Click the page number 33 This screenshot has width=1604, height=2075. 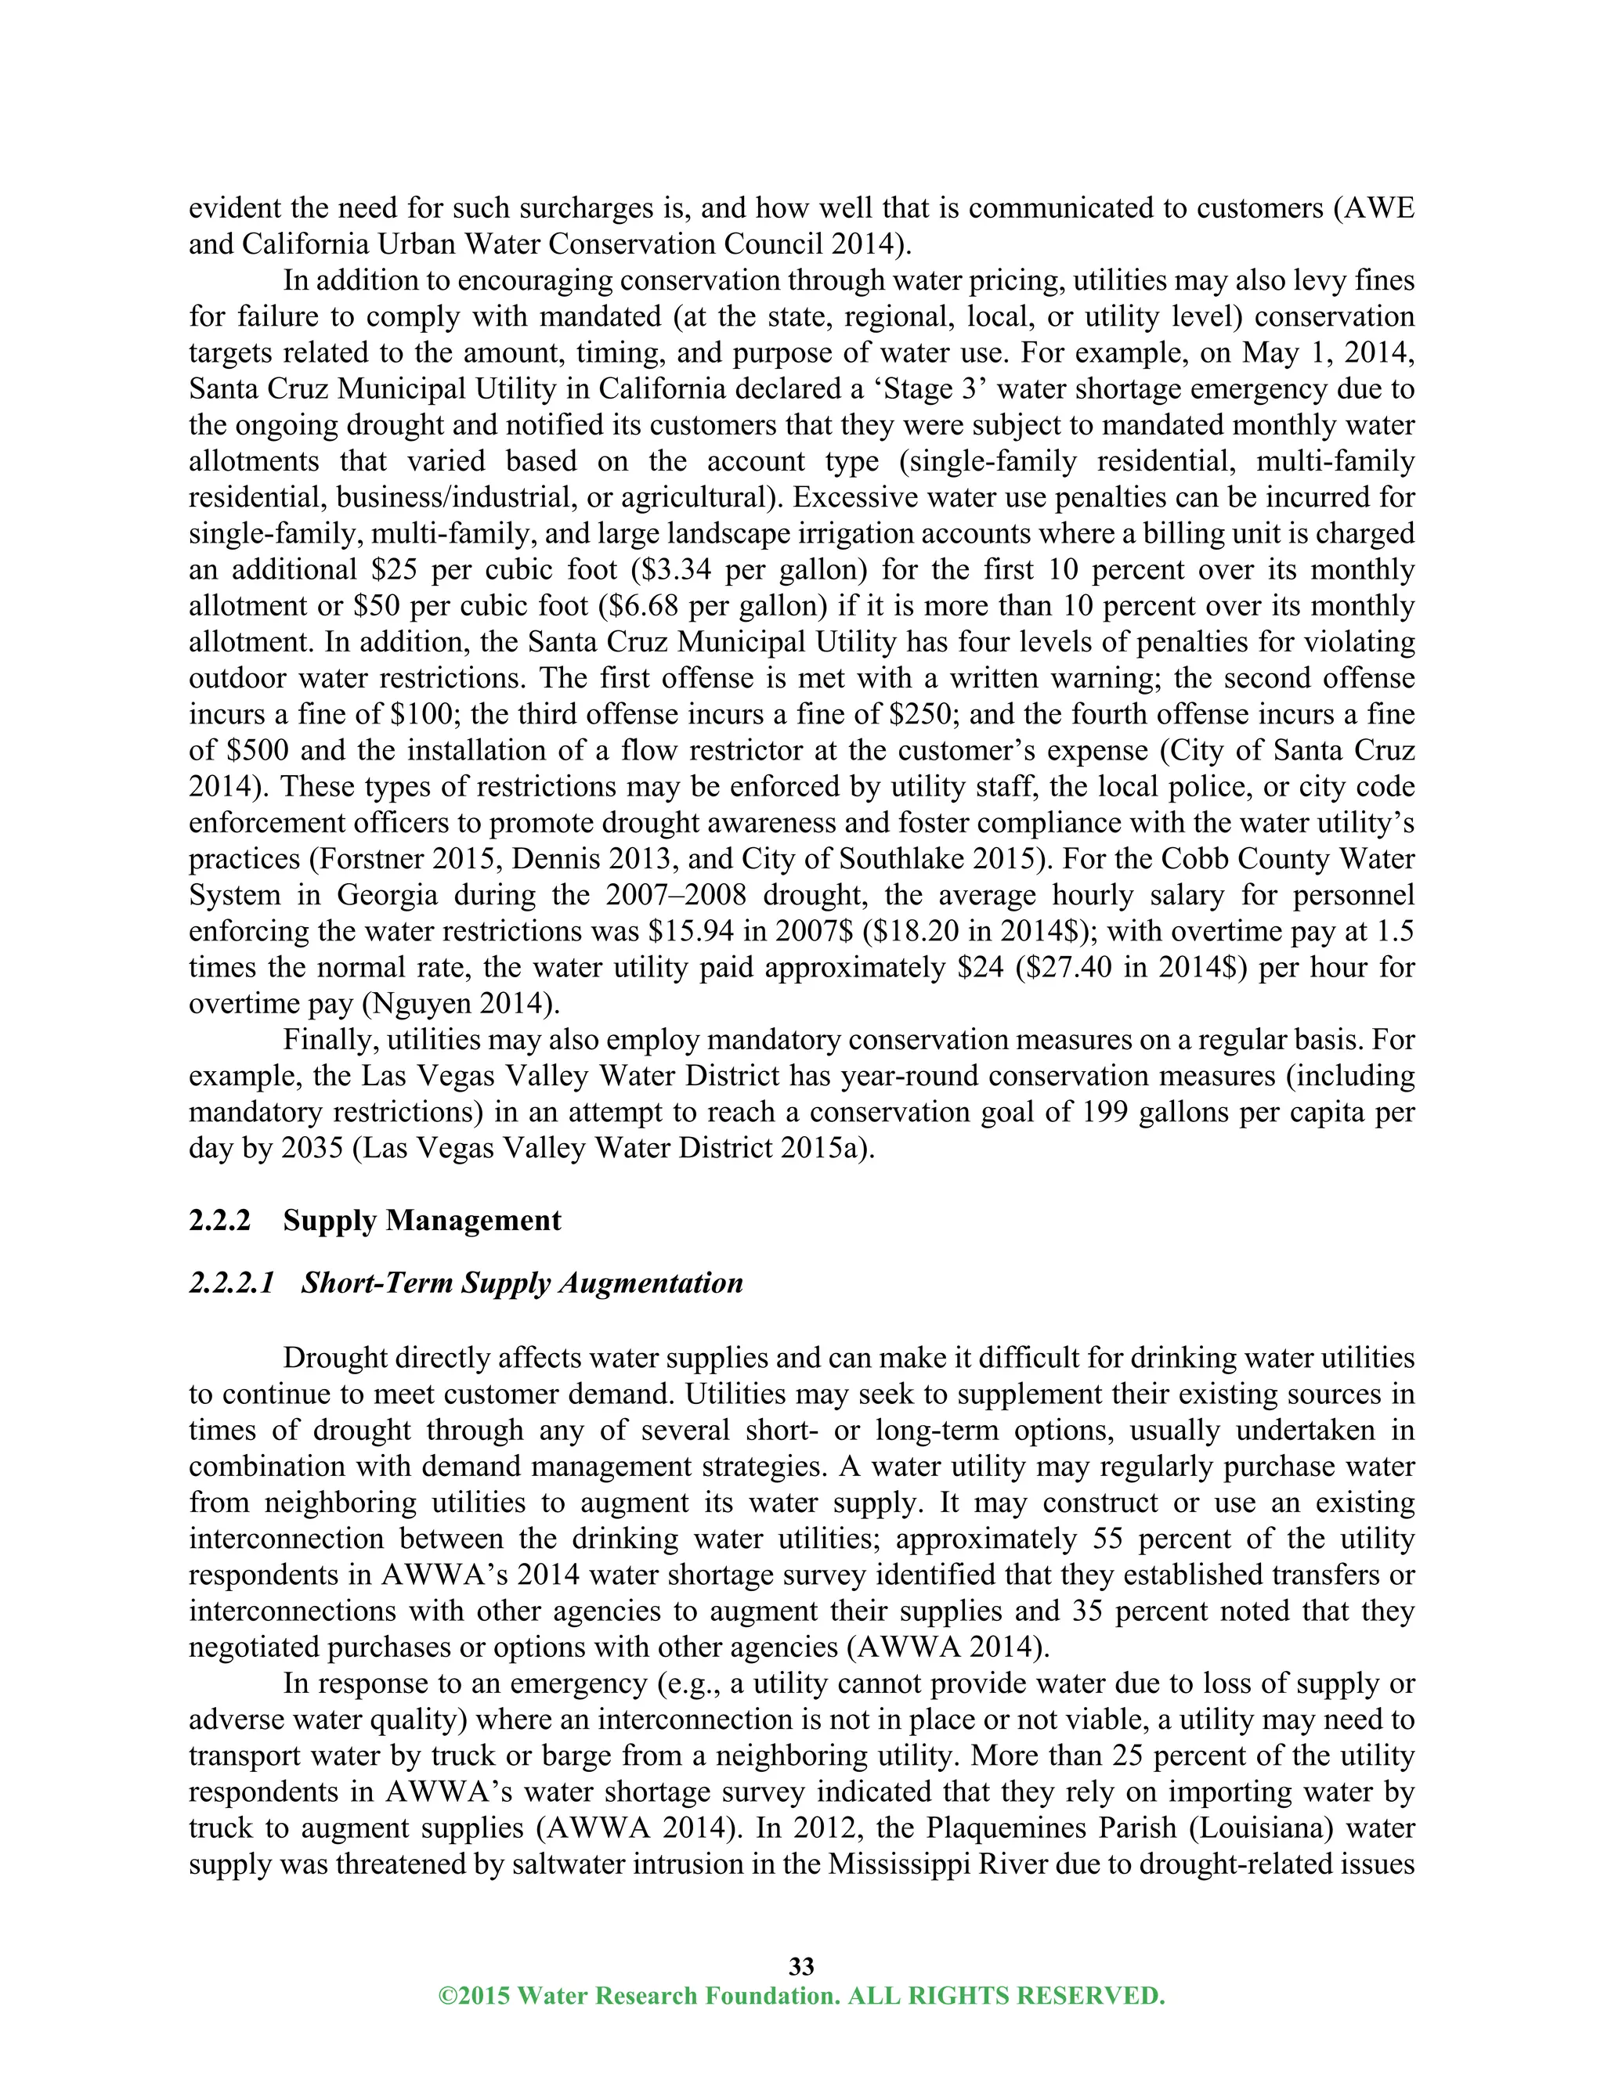[x=801, y=1965]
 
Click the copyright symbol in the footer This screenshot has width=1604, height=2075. [x=446, y=1995]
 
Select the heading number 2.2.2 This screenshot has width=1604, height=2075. [x=219, y=1221]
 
